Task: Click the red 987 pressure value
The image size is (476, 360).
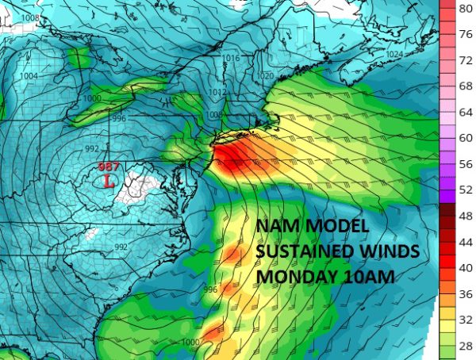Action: click(108, 167)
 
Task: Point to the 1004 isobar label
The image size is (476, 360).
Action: click(29, 76)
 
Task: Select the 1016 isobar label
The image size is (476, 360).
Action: click(231, 59)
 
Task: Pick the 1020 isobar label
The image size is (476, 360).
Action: click(265, 76)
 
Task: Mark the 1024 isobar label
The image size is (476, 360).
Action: click(415, 54)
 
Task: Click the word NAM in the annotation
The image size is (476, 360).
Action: click(276, 228)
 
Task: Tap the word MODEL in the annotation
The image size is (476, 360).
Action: click(333, 228)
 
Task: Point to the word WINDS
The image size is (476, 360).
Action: click(392, 252)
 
